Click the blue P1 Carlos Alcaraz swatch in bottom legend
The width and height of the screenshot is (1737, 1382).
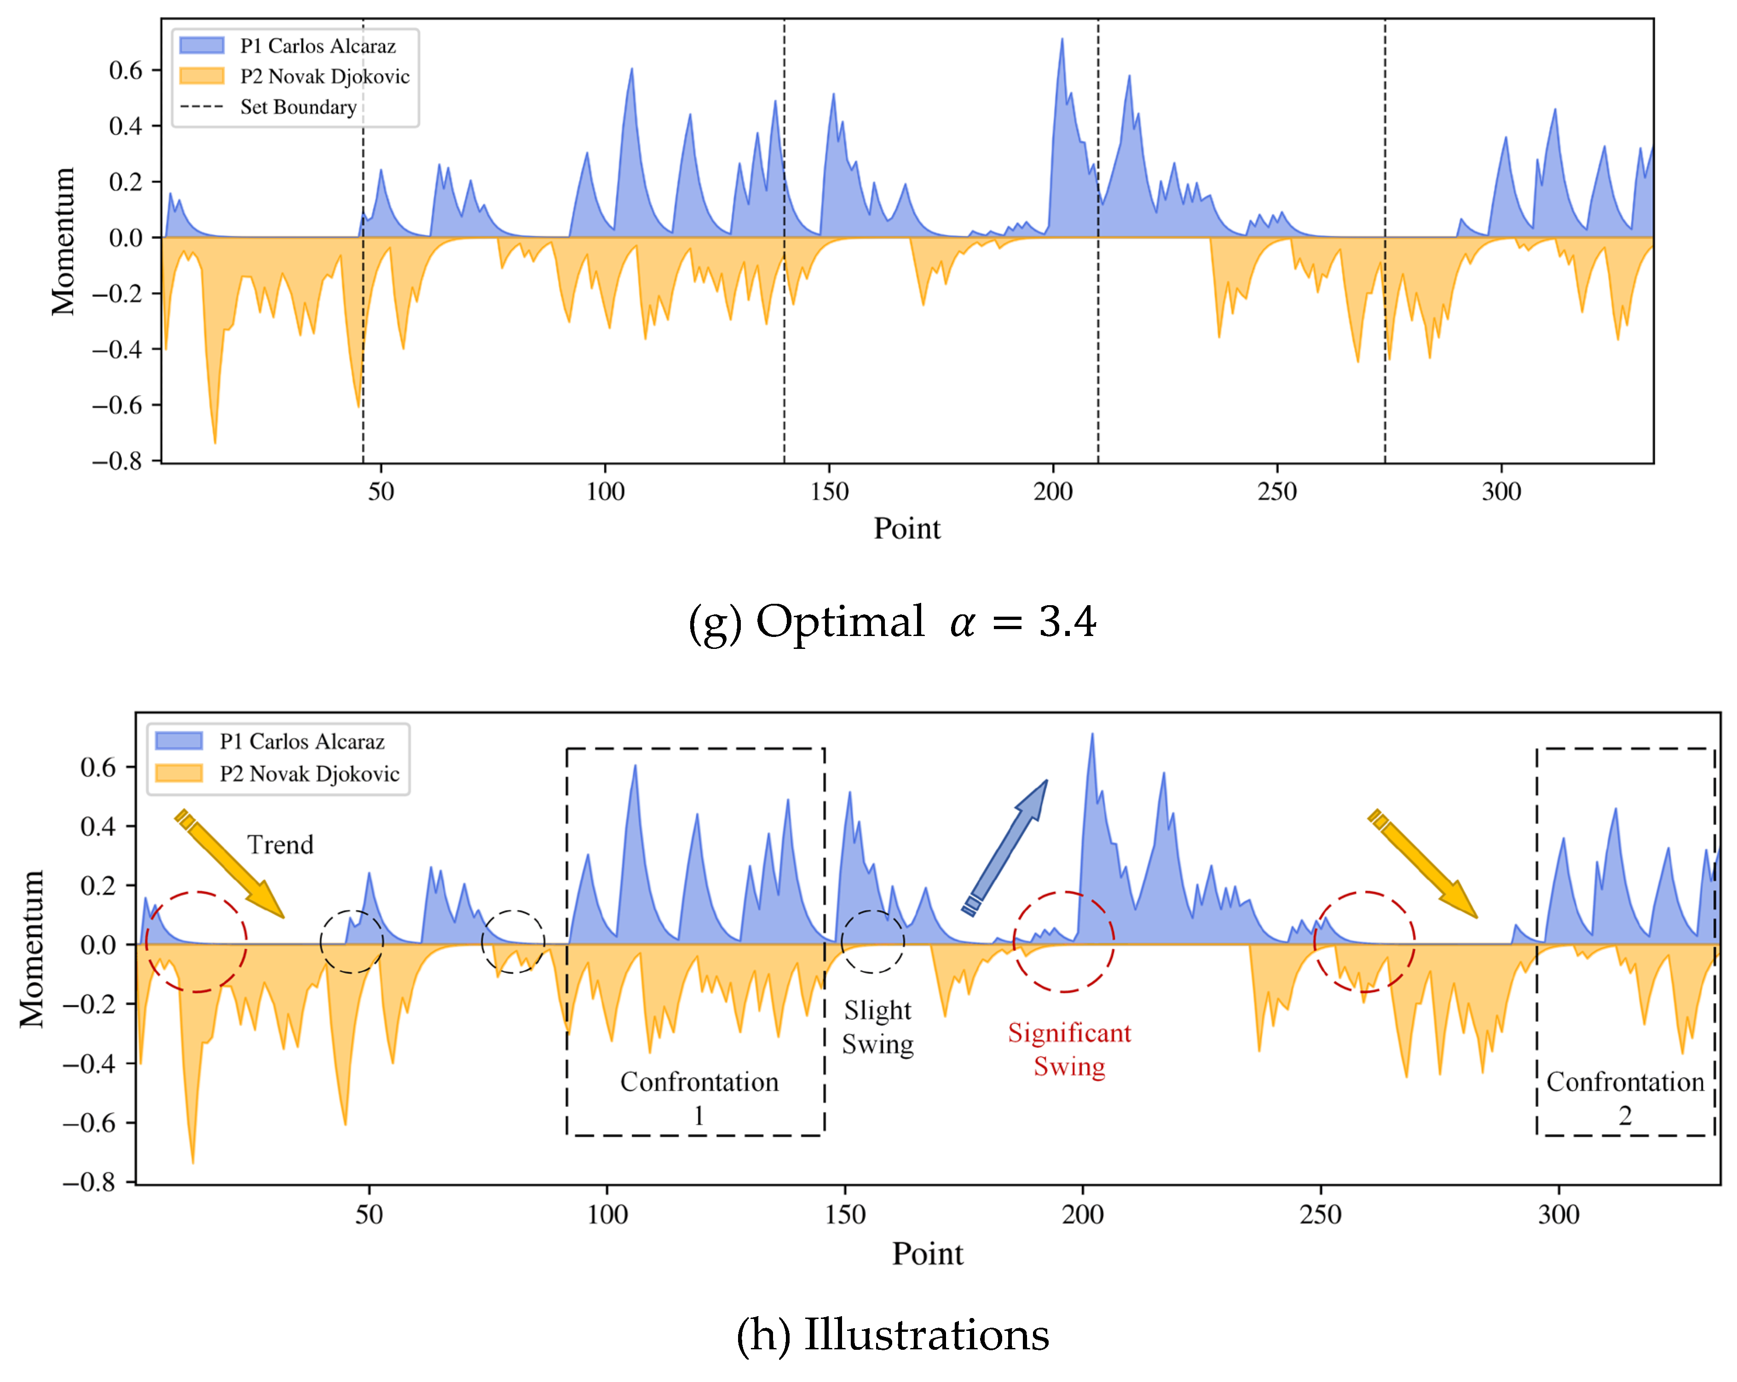pos(179,740)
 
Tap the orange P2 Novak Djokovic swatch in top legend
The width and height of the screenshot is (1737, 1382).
pos(202,76)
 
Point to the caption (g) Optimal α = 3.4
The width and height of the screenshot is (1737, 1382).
pos(892,621)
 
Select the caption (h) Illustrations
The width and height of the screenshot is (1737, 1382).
pos(892,1335)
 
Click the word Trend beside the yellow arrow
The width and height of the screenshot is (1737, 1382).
pos(280,844)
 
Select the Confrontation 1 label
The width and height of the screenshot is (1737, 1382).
pos(698,1098)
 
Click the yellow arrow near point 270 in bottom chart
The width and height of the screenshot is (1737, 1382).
pos(1423,864)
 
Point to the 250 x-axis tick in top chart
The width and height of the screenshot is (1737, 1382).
pos(1277,492)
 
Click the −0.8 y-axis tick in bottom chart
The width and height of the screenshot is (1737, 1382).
pos(89,1182)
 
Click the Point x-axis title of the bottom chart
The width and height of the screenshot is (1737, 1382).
pos(927,1254)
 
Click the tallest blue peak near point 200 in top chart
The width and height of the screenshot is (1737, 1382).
pos(1062,40)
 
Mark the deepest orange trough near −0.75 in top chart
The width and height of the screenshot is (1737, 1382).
pos(215,441)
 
